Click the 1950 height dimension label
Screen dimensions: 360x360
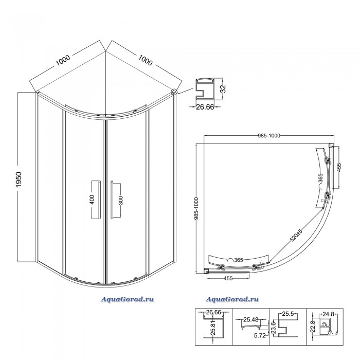click(19, 179)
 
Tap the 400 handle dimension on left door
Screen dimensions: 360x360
click(92, 200)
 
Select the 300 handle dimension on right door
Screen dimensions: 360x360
click(121, 200)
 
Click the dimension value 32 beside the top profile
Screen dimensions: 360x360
click(223, 88)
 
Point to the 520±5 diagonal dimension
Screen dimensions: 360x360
click(296, 236)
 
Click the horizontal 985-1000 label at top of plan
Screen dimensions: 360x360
click(269, 136)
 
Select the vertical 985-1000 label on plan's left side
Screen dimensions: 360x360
click(196, 208)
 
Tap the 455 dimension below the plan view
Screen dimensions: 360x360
click(228, 278)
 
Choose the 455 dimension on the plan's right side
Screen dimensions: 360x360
click(339, 167)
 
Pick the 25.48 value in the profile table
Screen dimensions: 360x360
click(251, 319)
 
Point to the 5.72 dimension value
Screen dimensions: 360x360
click(260, 335)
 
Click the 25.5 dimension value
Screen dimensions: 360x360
click(288, 314)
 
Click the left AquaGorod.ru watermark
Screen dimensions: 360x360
click(127, 299)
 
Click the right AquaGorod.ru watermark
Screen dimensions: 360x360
click(232, 299)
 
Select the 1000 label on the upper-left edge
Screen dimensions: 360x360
click(63, 60)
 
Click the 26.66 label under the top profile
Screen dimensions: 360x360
click(205, 107)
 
